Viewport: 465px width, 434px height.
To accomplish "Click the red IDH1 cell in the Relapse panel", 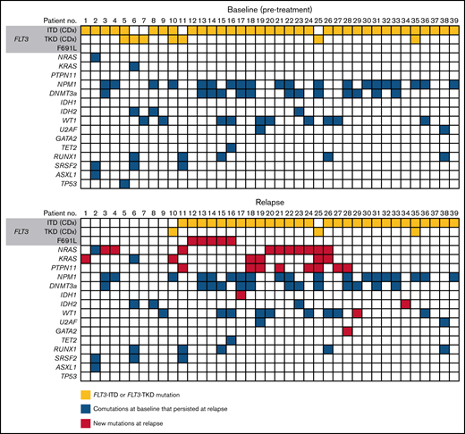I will click(241, 295).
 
